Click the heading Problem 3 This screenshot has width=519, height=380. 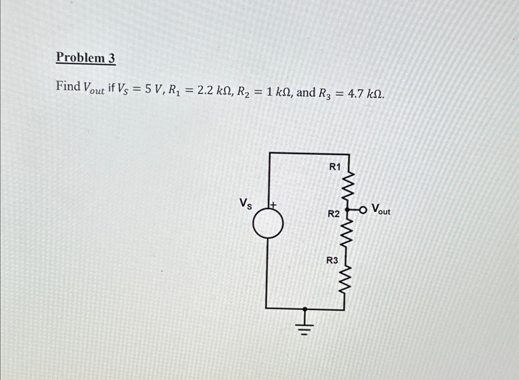[x=85, y=58]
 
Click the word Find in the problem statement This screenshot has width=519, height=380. [x=68, y=86]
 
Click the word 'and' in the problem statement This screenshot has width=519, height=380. [x=306, y=92]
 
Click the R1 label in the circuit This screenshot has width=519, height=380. [x=335, y=167]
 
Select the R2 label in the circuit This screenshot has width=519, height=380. [x=334, y=214]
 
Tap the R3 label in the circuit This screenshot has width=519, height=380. [x=332, y=260]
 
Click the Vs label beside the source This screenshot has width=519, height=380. [x=246, y=204]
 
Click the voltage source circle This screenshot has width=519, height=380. [x=268, y=223]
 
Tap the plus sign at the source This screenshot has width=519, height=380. [x=273, y=205]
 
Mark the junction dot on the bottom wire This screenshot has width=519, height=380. [x=305, y=309]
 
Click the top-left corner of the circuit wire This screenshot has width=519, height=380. [x=269, y=153]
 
